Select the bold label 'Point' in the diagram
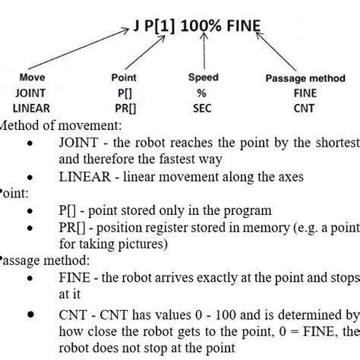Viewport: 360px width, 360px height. [x=123, y=77]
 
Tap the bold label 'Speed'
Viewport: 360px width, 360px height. [x=204, y=77]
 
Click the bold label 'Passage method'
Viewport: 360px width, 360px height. [x=305, y=78]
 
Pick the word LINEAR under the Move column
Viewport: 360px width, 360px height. [x=32, y=107]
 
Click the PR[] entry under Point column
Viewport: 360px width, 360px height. [x=123, y=107]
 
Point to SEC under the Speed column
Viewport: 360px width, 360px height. [x=204, y=107]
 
